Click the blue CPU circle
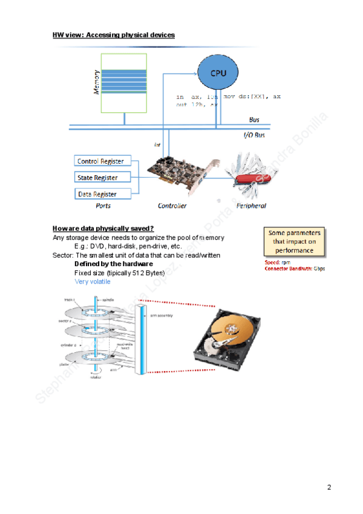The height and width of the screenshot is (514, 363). click(x=218, y=73)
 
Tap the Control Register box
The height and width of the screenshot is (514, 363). click(x=100, y=161)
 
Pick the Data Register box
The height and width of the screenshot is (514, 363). click(x=97, y=194)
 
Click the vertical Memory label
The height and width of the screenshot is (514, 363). click(x=96, y=81)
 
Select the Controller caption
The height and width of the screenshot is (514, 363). click(x=172, y=206)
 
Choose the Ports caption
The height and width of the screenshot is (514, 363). click(x=103, y=206)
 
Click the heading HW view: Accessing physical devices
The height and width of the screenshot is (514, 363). click(x=114, y=35)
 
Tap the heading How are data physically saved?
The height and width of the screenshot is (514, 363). click(x=103, y=228)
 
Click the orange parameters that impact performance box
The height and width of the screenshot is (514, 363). click(x=294, y=241)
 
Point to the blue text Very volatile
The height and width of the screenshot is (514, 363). click(x=93, y=282)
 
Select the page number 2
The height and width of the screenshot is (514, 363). click(x=329, y=487)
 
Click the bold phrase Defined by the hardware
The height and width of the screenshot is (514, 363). click(x=113, y=264)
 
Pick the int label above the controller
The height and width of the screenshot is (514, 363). click(x=157, y=145)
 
